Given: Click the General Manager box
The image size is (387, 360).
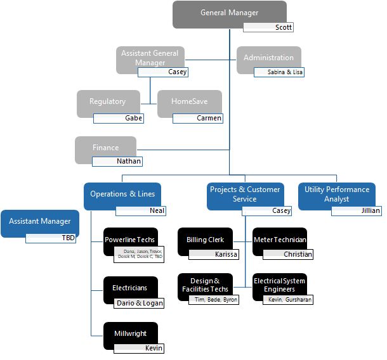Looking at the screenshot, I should pyautogui.click(x=229, y=13).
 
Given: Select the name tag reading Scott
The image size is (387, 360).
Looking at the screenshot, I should pyautogui.click(x=268, y=27).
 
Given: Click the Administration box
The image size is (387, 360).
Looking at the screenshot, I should pyautogui.click(x=269, y=57).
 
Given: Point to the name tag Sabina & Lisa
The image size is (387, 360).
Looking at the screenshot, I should pyautogui.click(x=279, y=72).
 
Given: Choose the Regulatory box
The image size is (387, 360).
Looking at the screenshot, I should pyautogui.click(x=108, y=101).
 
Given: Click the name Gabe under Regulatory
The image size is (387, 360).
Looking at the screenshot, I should pyautogui.click(x=118, y=118).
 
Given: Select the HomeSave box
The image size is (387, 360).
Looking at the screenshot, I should pyautogui.click(x=188, y=101).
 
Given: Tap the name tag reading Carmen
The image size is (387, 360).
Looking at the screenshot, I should pyautogui.click(x=198, y=118).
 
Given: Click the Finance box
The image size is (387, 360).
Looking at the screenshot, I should pyautogui.click(x=105, y=147).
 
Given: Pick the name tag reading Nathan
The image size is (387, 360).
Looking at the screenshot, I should pyautogui.click(x=117, y=161).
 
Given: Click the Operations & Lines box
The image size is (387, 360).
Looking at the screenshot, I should pyautogui.click(x=122, y=194).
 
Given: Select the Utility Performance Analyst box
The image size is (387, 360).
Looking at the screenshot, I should pyautogui.click(x=336, y=194).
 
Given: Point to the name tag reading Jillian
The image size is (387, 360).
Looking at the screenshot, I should pyautogui.click(x=357, y=210).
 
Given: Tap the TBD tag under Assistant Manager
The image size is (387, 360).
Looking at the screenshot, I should pyautogui.click(x=51, y=238).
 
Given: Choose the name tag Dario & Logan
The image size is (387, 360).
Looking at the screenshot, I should pyautogui.click(x=139, y=303).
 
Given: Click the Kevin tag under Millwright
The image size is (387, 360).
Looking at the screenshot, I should pyautogui.click(x=139, y=348).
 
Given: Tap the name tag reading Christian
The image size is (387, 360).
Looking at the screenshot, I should pyautogui.click(x=288, y=254).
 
